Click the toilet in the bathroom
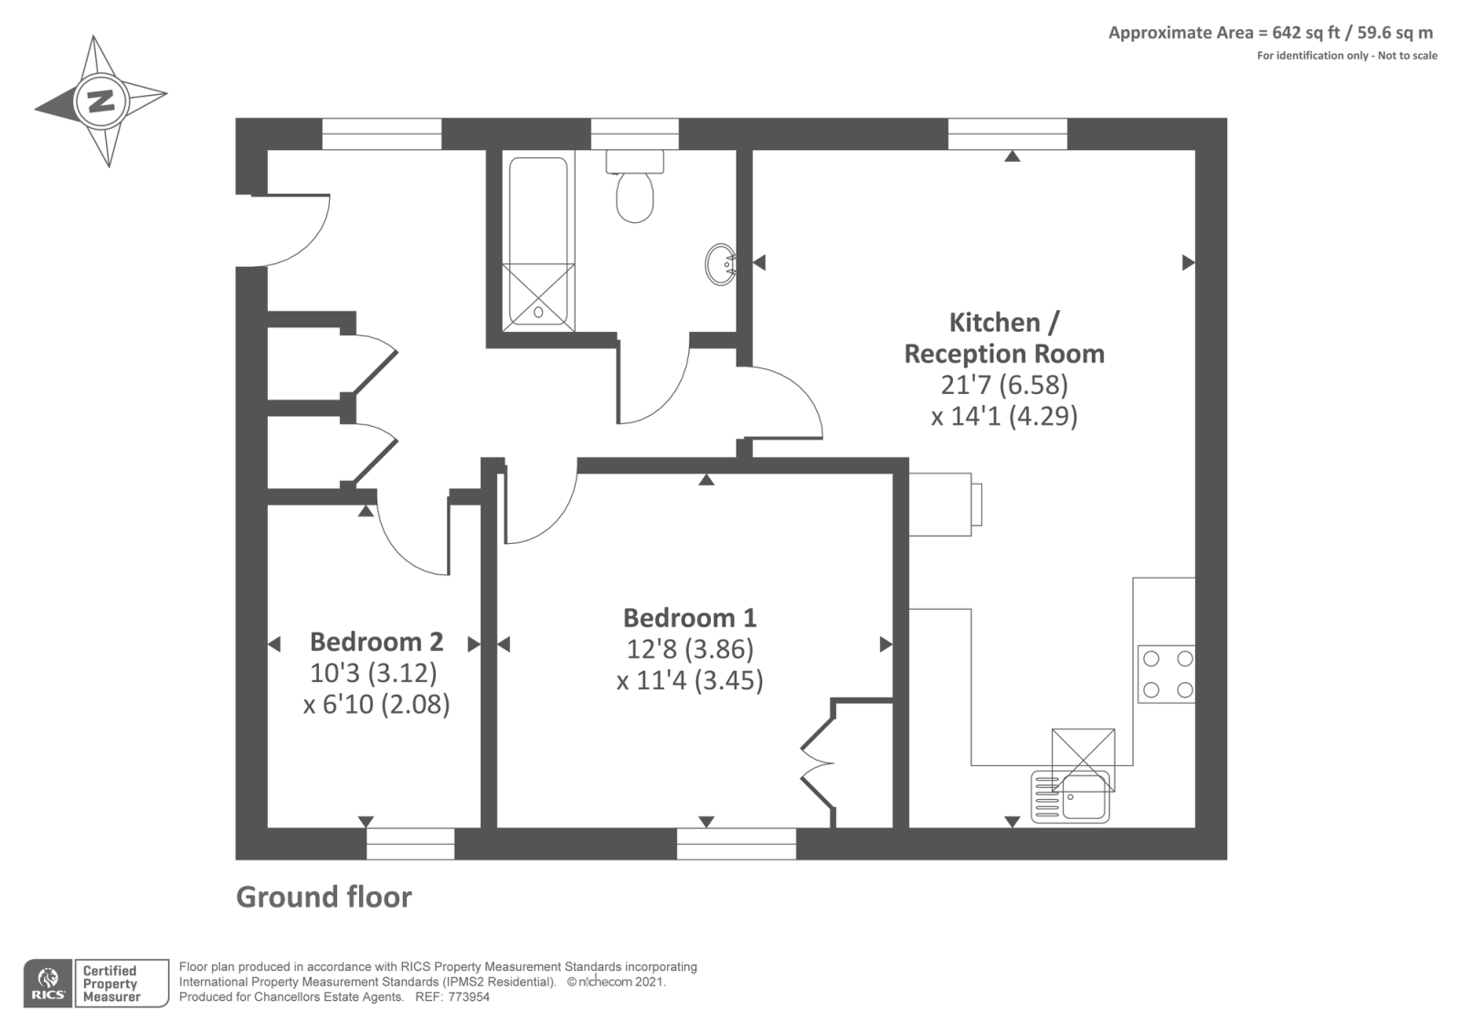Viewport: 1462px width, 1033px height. tap(635, 190)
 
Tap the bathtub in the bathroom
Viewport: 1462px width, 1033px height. tap(538, 243)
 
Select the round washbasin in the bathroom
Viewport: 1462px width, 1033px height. tap(721, 264)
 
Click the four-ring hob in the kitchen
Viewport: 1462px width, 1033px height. tap(1167, 674)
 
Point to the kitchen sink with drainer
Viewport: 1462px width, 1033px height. tap(1071, 795)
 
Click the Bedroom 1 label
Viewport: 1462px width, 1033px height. tap(690, 618)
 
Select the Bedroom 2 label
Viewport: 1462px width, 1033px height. tap(376, 642)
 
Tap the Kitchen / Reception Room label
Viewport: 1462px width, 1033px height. tap(1004, 338)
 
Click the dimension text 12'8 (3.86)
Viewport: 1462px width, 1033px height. tap(690, 649)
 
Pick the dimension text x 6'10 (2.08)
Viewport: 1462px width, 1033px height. tap(376, 705)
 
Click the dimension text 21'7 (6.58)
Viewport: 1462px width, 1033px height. tap(1004, 384)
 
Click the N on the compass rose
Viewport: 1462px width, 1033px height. tap(101, 100)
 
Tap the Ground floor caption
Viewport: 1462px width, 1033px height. tap(323, 897)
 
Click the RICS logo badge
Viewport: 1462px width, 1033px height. tap(48, 984)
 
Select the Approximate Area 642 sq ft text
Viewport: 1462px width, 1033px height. tap(1270, 33)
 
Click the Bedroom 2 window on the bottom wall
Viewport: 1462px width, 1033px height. tap(410, 843)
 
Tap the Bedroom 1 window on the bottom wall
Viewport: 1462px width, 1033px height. tap(736, 843)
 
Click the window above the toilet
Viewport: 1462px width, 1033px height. tap(635, 133)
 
